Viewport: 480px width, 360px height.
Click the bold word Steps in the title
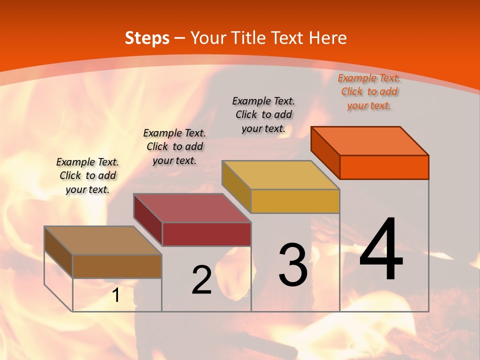click(147, 38)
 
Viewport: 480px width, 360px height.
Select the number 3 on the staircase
click(293, 265)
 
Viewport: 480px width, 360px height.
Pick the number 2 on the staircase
click(202, 280)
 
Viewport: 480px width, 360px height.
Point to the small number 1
click(116, 295)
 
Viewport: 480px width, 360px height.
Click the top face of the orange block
click(370, 141)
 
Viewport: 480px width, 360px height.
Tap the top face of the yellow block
click(281, 175)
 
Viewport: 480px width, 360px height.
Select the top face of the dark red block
click(192, 208)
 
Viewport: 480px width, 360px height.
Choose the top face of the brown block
click(103, 240)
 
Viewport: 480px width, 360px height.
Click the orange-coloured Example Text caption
click(369, 91)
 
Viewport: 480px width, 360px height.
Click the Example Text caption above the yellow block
click(263, 114)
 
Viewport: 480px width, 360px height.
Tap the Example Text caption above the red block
click(174, 146)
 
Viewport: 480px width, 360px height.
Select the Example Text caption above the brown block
click(87, 175)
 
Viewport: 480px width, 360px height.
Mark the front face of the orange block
click(384, 167)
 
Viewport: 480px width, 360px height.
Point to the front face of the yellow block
click(295, 201)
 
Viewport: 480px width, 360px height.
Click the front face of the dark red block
click(206, 234)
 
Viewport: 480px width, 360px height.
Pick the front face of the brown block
click(117, 266)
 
